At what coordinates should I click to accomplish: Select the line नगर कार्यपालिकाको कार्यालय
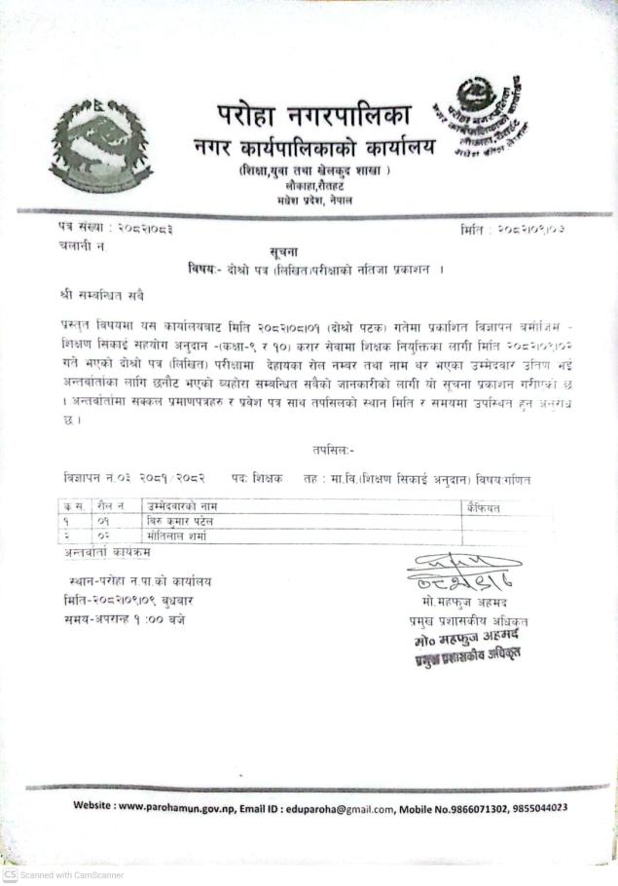313,149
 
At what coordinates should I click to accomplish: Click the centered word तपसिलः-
334,451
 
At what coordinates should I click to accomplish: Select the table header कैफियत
483,507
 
